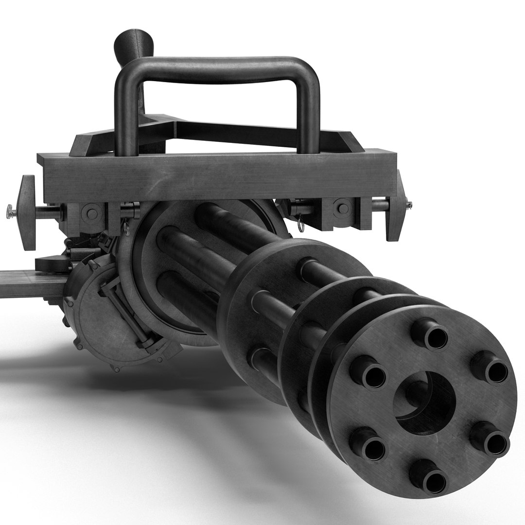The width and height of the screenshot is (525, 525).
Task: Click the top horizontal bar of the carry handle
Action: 219,69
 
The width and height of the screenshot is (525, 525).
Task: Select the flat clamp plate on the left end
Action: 26,212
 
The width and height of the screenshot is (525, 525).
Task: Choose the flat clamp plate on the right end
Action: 397,206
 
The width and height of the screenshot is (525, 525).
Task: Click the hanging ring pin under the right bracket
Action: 301,224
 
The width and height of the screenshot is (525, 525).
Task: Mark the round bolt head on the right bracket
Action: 343,209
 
